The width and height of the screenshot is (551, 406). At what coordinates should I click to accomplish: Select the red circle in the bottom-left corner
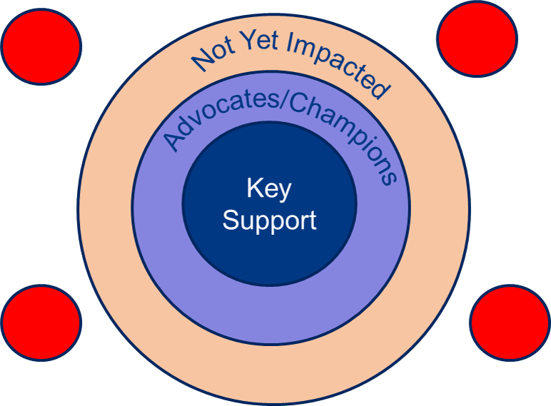pos(41,323)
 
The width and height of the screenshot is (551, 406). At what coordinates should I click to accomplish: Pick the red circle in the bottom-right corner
pos(510,323)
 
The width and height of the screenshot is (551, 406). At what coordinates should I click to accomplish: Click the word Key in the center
pos(269,188)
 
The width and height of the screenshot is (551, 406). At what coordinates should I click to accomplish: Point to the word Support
pos(269,220)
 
